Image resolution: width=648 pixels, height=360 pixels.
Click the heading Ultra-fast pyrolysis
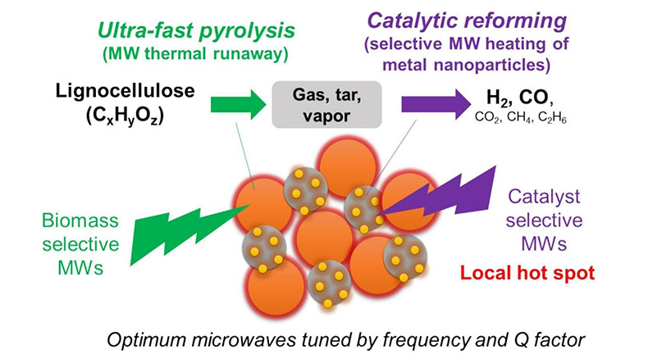click(196, 30)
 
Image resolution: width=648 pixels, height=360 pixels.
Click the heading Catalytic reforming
click(467, 21)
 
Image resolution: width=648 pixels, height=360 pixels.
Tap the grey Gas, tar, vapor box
click(326, 105)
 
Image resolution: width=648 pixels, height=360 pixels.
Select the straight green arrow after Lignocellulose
click(239, 105)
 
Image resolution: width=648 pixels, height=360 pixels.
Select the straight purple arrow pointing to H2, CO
click(436, 105)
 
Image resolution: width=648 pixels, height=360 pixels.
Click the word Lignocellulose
click(125, 91)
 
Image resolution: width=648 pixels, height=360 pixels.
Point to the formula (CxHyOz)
click(125, 116)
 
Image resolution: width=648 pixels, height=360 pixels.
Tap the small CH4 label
click(519, 118)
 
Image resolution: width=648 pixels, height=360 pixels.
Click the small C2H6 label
click(552, 118)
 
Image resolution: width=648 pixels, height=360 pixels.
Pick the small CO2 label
click(488, 118)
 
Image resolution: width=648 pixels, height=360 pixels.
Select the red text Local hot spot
click(527, 273)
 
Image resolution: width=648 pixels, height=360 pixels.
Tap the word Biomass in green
click(80, 221)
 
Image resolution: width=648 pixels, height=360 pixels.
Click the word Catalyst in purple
click(544, 197)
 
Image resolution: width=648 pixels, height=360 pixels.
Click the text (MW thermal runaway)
click(195, 54)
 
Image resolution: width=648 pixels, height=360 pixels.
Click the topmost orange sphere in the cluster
click(348, 167)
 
